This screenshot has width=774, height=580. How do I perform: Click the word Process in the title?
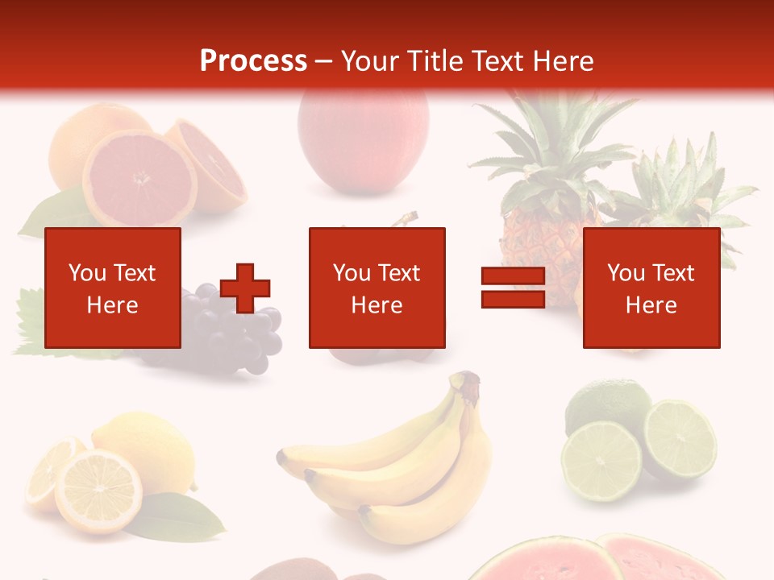click(253, 61)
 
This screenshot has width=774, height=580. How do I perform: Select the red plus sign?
click(245, 288)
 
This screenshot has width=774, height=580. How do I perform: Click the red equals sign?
click(513, 288)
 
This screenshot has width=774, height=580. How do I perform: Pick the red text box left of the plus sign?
click(113, 288)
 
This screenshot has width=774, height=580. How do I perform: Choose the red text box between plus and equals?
click(377, 288)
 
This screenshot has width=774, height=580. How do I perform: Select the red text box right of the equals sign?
click(651, 288)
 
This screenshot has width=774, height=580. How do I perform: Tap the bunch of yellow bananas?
click(395, 467)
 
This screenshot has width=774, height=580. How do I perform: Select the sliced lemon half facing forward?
click(98, 491)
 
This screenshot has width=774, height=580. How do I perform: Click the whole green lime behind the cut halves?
click(606, 403)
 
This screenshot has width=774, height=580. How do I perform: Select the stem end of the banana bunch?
click(466, 384)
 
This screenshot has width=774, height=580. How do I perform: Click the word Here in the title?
click(564, 61)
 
